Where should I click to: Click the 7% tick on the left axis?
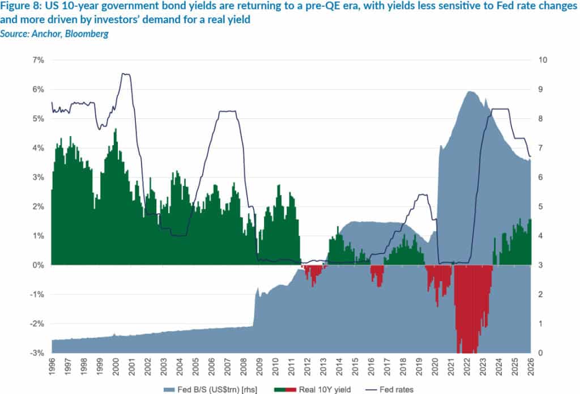coord(37,60)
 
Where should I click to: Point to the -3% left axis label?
coord(36,353)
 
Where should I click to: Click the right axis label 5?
coord(540,207)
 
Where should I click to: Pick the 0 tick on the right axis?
coord(540,353)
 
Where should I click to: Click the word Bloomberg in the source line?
coord(88,34)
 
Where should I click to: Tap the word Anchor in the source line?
coord(50,34)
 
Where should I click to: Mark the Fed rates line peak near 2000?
coord(125,74)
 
